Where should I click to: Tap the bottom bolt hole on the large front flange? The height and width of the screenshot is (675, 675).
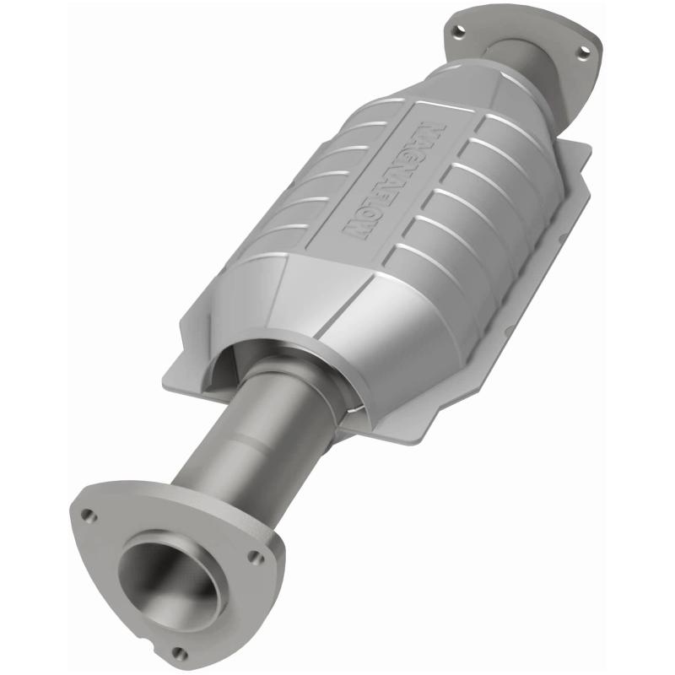tap(178, 651)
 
